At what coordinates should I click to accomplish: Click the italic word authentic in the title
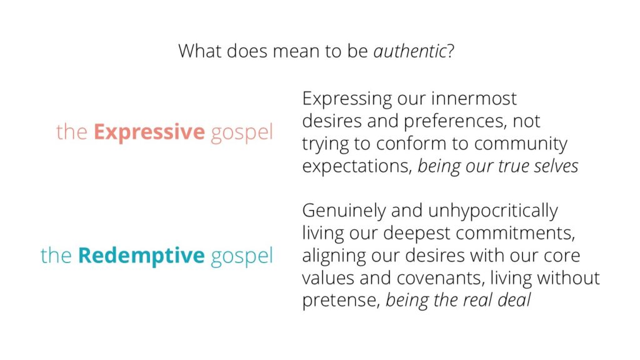410,51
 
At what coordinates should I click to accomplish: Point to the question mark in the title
451,51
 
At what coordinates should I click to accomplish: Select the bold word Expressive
149,132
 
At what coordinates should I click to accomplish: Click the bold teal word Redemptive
141,255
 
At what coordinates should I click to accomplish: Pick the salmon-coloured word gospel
242,133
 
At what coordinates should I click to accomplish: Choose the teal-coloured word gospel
242,256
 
